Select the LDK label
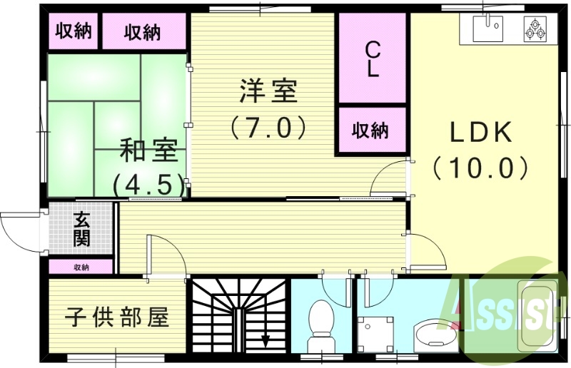pyautogui.click(x=480, y=133)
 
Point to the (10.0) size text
pyautogui.click(x=480, y=168)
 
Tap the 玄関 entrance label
pyautogui.click(x=81, y=230)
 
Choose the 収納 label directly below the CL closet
pyautogui.click(x=370, y=131)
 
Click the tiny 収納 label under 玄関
pyautogui.click(x=81, y=267)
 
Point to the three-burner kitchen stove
pyautogui.click(x=535, y=29)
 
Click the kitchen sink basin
pyautogui.click(x=491, y=28)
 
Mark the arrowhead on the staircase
pyautogui.click(x=266, y=340)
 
